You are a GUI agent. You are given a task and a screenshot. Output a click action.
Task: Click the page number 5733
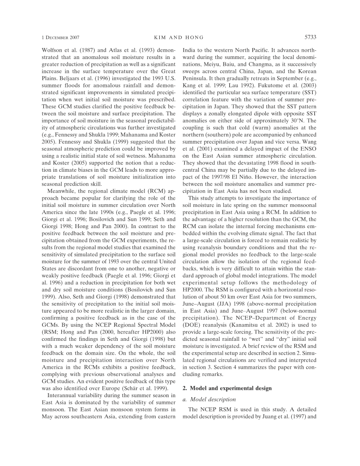(x=310, y=37)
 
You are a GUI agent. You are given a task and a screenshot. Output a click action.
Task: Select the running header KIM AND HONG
(x=179, y=37)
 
